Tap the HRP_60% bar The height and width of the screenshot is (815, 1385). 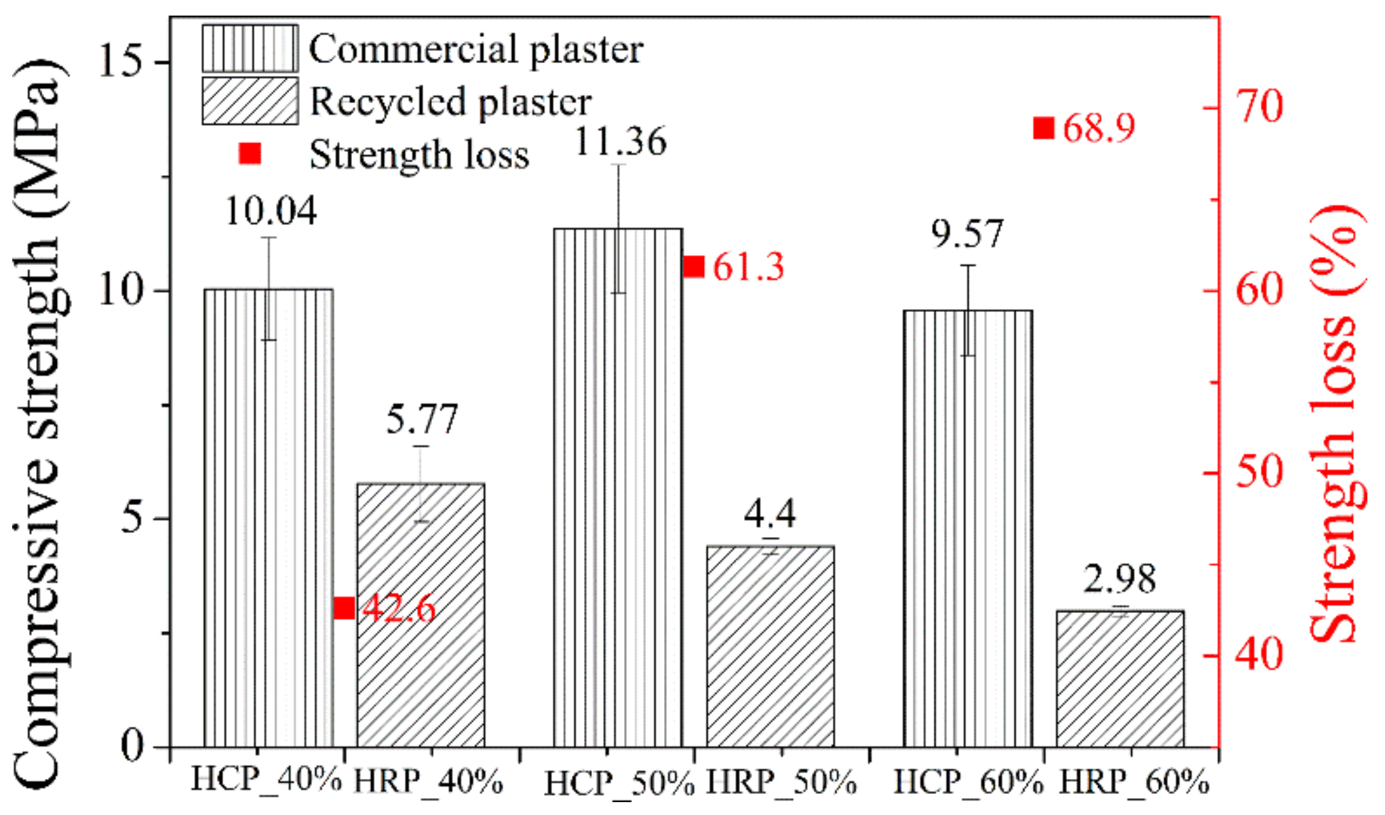point(1120,679)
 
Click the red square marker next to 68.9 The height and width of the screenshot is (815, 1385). point(1044,127)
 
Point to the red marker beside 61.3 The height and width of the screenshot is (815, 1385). point(694,266)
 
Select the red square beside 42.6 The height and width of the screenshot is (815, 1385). point(345,608)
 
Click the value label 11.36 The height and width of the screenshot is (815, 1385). point(621,142)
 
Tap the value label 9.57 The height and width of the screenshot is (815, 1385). point(967,234)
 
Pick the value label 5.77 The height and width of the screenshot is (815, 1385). point(422,419)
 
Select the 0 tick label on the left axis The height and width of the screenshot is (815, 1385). point(133,746)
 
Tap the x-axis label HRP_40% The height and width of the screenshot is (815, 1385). point(429,782)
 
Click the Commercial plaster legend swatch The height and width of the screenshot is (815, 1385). point(250,49)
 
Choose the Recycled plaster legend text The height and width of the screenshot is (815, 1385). point(450,102)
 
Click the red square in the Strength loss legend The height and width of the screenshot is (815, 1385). point(250,154)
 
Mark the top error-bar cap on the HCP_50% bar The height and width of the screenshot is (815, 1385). point(619,164)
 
